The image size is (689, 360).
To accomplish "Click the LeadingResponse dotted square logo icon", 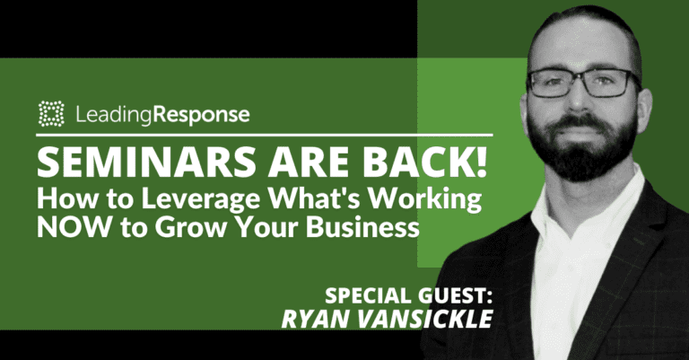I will [x=52, y=114].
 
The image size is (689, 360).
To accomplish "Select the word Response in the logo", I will [x=202, y=115].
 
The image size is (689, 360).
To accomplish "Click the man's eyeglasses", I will [x=584, y=83].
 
